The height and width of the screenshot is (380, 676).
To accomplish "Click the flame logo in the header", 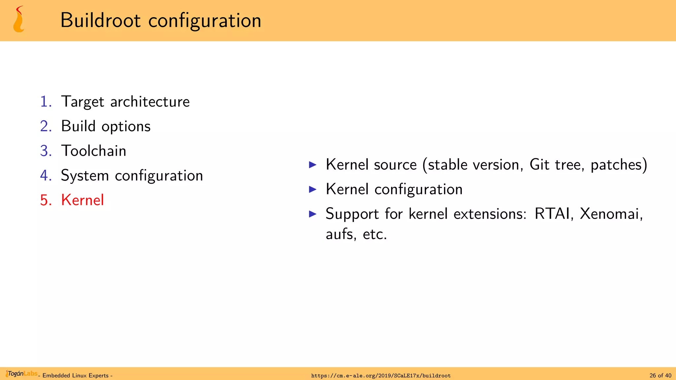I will pyautogui.click(x=18, y=20).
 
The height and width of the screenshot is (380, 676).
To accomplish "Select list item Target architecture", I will pyautogui.click(x=125, y=102).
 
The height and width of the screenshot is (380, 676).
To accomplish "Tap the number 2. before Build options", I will pyautogui.click(x=46, y=126).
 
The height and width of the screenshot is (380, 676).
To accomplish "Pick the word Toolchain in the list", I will pyautogui.click(x=94, y=151).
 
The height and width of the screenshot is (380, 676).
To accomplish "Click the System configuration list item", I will pyautogui.click(x=132, y=175).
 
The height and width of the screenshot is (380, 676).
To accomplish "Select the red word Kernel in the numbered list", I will pyautogui.click(x=83, y=200).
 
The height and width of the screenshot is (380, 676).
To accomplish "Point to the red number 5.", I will pyautogui.click(x=46, y=200).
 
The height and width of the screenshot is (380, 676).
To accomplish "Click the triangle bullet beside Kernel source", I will pyautogui.click(x=313, y=165).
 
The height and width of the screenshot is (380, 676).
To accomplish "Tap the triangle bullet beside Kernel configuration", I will pyautogui.click(x=313, y=189).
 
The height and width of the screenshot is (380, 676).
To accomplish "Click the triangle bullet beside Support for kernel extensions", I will pyautogui.click(x=313, y=214).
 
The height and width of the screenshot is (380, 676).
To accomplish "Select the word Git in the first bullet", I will pyautogui.click(x=539, y=165).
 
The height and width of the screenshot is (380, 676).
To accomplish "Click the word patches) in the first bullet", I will pyautogui.click(x=619, y=165).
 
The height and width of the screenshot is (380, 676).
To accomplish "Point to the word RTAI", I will pyautogui.click(x=553, y=214).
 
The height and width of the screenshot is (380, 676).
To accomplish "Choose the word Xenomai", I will pyautogui.click(x=611, y=214).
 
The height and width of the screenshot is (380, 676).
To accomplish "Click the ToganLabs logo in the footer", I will pyautogui.click(x=22, y=374).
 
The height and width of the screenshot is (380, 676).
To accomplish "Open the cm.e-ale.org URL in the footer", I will pyautogui.click(x=381, y=376).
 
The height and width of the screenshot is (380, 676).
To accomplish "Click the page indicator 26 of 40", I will pyautogui.click(x=660, y=376).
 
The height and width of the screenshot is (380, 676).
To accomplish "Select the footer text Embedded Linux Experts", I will pyautogui.click(x=76, y=376).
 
